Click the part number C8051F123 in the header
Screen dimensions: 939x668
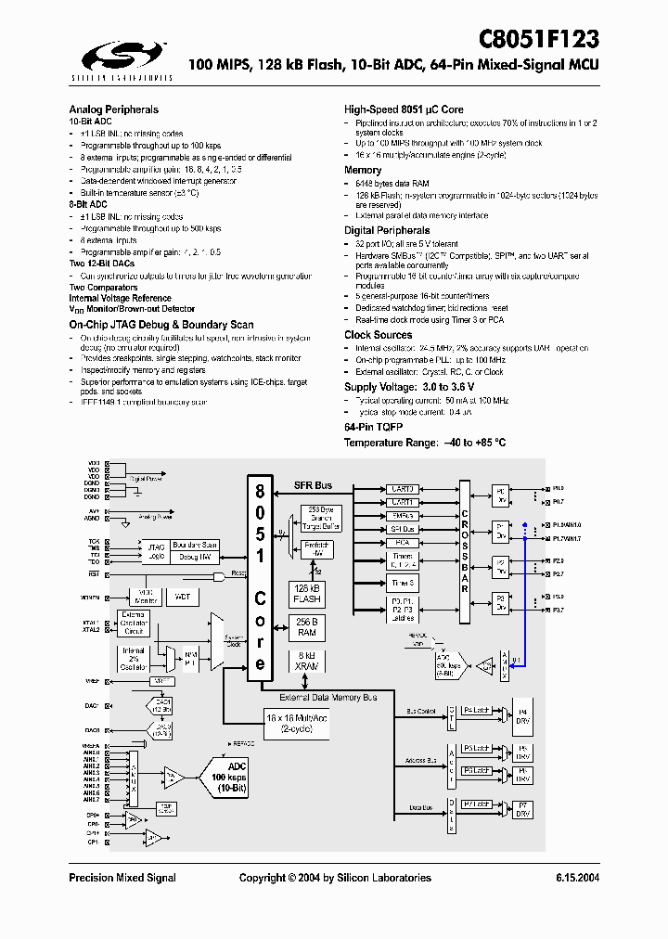pyautogui.click(x=538, y=38)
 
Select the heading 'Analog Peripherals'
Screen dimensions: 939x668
pyautogui.click(x=113, y=109)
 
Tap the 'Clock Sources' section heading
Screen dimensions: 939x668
pyautogui.click(x=378, y=335)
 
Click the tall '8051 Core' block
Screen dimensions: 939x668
pyautogui.click(x=261, y=577)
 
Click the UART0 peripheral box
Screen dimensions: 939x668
pyautogui.click(x=403, y=489)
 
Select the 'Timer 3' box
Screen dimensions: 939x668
pyautogui.click(x=403, y=583)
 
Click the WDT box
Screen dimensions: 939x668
pyautogui.click(x=182, y=597)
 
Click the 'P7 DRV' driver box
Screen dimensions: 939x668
pyautogui.click(x=523, y=808)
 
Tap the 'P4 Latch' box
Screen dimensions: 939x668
pyautogui.click(x=476, y=711)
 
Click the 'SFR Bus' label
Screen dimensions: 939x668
pyautogui.click(x=313, y=485)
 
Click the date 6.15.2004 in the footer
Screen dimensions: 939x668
pyautogui.click(x=577, y=878)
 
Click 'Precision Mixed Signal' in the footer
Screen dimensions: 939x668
pyautogui.click(x=122, y=878)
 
